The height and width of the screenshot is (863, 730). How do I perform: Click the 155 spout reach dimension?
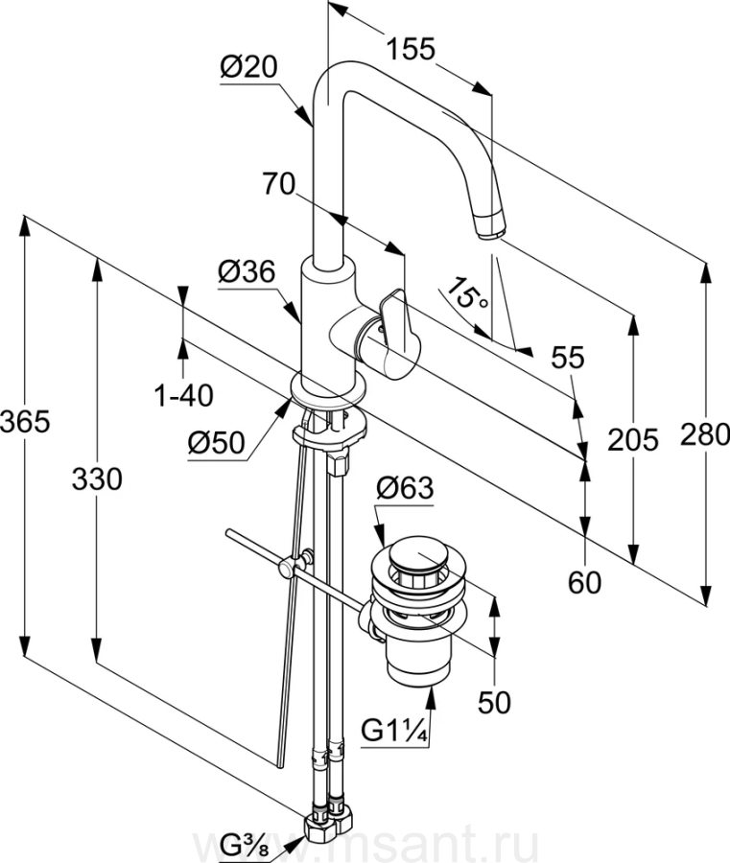[x=411, y=48]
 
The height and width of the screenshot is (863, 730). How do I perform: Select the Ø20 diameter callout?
[x=248, y=67]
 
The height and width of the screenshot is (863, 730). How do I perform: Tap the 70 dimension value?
[x=278, y=185]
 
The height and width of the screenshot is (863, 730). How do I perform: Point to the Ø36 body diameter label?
[x=247, y=272]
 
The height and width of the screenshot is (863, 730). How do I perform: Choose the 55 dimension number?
[x=568, y=358]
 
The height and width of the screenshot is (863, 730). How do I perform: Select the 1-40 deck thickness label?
[x=184, y=394]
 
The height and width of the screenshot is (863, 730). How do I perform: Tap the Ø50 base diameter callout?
[x=216, y=442]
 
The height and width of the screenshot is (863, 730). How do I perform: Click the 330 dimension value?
[x=97, y=478]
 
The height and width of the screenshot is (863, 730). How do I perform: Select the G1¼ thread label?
[x=394, y=733]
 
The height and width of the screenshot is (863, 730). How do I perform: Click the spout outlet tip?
[x=490, y=228]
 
